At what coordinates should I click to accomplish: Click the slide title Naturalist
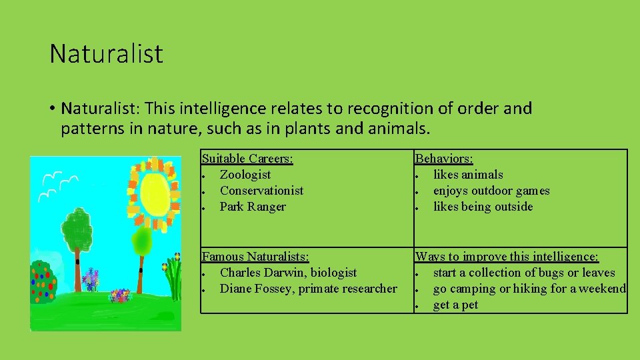point(106,54)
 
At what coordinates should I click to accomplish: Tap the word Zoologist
point(245,175)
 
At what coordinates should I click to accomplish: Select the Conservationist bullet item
point(261,191)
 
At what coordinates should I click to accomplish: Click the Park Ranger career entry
point(252,207)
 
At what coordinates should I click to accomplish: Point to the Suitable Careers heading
point(247,159)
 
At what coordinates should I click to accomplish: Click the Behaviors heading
point(444,159)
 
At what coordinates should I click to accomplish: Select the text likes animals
point(468,175)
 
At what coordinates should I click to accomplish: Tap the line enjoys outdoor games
point(491,191)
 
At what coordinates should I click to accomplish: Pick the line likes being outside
point(483,207)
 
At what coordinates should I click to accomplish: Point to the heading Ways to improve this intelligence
point(507,257)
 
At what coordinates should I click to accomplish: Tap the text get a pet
point(455,305)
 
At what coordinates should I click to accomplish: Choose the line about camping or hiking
point(529,289)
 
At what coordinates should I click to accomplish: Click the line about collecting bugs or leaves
point(523,273)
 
